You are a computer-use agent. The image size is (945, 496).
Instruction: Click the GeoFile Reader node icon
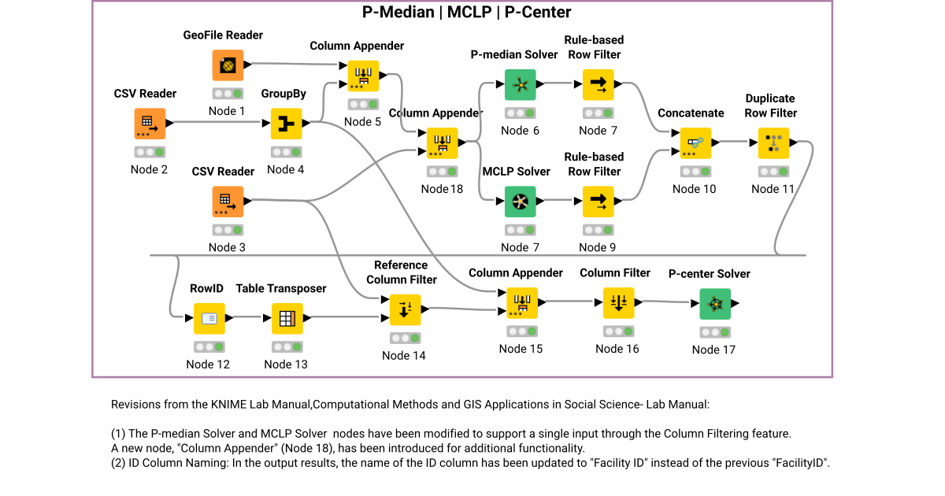pyautogui.click(x=228, y=65)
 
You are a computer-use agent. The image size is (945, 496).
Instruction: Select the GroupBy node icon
pyautogui.click(x=286, y=124)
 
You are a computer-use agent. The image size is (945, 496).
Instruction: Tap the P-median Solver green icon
pyautogui.click(x=520, y=84)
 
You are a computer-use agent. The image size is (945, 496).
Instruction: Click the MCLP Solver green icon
pyautogui.click(x=520, y=202)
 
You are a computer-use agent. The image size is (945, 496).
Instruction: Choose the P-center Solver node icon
pyautogui.click(x=714, y=304)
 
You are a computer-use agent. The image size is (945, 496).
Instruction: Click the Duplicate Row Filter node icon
pyautogui.click(x=773, y=143)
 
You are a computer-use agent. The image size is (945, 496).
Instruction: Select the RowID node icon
pyautogui.click(x=209, y=319)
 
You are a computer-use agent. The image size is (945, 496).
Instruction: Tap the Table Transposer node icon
pyautogui.click(x=287, y=319)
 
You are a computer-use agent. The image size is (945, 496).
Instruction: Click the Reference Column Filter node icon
pyautogui.click(x=405, y=309)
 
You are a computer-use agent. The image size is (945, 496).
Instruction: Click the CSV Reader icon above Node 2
pyautogui.click(x=149, y=124)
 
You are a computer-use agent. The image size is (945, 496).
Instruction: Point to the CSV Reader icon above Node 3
pyautogui.click(x=228, y=202)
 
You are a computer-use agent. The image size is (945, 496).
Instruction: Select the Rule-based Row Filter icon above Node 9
pyautogui.click(x=598, y=202)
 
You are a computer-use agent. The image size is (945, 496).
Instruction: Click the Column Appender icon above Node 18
pyautogui.click(x=442, y=143)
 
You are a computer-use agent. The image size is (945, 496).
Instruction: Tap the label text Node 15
pyautogui.click(x=521, y=349)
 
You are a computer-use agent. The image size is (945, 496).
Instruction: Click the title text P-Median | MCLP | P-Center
pyautogui.click(x=466, y=13)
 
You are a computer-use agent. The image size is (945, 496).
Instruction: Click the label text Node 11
pyautogui.click(x=773, y=189)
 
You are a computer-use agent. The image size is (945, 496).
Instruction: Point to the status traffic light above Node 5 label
pyautogui.click(x=363, y=105)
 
